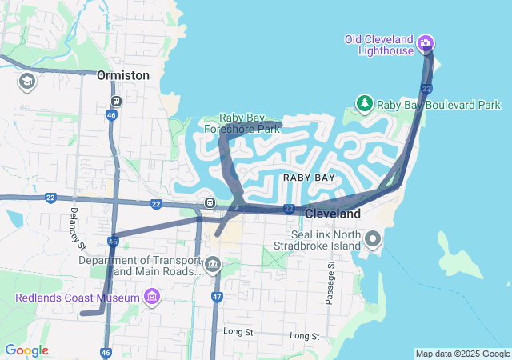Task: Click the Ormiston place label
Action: (x=122, y=74)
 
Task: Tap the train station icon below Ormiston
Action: (x=117, y=102)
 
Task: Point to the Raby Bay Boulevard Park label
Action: (x=439, y=105)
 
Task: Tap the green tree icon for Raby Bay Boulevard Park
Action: (x=365, y=103)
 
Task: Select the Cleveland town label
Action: (x=332, y=214)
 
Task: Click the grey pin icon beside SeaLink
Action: (x=373, y=239)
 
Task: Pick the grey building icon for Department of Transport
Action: (x=212, y=264)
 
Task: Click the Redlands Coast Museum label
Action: (x=76, y=298)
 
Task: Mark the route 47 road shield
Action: (x=217, y=297)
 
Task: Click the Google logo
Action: (x=26, y=350)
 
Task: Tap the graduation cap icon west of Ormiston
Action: (x=26, y=82)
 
